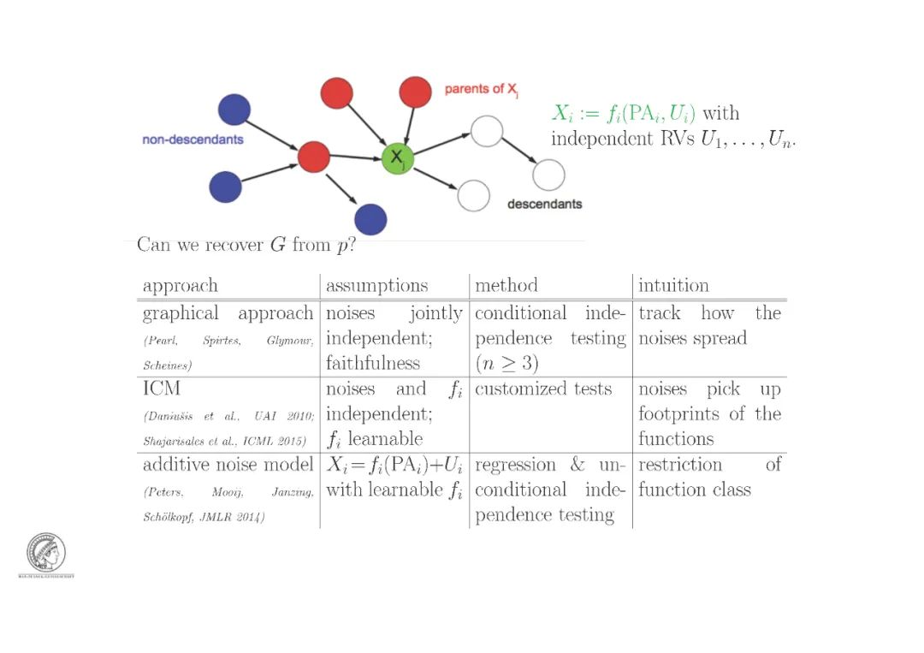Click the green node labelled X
point(397,159)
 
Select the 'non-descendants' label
point(192,140)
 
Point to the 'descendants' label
point(544,204)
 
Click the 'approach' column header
point(181,285)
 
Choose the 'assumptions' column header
point(376,285)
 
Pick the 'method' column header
point(506,285)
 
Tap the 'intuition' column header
point(673,285)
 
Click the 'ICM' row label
point(162,389)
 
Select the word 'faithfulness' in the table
point(372,363)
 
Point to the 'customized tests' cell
point(543,389)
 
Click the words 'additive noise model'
point(228,465)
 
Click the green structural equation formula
point(624,113)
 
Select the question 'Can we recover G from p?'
point(246,246)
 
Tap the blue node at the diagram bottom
point(370,219)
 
